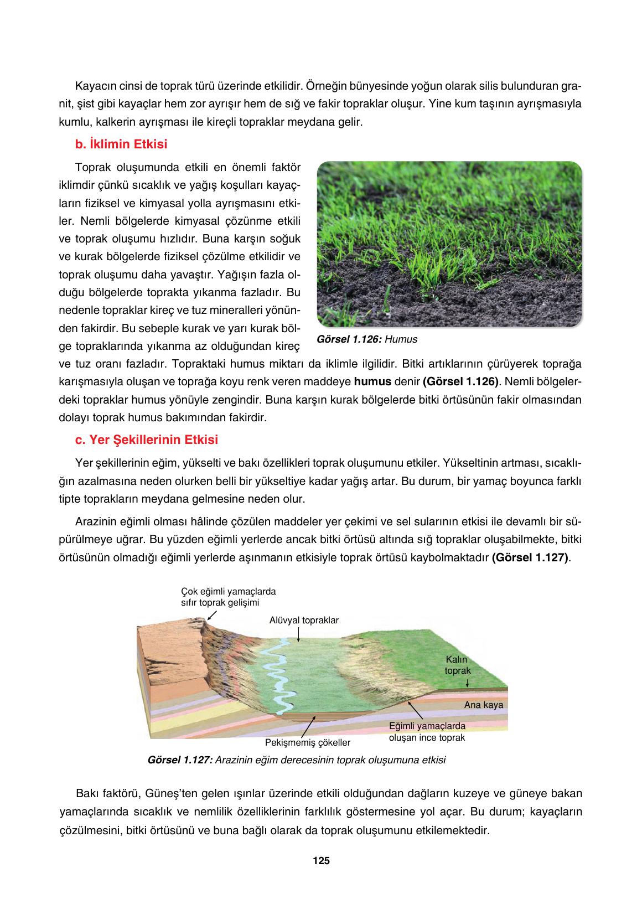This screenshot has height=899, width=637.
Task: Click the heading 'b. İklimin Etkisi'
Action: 121,144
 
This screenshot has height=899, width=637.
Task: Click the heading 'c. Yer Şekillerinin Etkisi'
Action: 146,440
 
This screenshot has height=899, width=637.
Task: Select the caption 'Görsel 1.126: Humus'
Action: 367,339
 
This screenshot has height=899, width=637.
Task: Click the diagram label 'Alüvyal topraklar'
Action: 304,620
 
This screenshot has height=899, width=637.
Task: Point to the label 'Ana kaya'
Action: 484,705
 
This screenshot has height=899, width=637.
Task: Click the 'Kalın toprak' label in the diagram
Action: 457,665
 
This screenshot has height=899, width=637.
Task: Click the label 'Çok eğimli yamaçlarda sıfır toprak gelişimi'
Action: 228,597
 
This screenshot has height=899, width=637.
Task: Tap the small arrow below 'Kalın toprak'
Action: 460,683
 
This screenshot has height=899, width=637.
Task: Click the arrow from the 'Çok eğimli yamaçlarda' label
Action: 211,615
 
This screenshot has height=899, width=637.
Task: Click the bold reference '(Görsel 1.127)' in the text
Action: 530,557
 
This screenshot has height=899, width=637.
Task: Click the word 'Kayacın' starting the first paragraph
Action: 92,86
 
